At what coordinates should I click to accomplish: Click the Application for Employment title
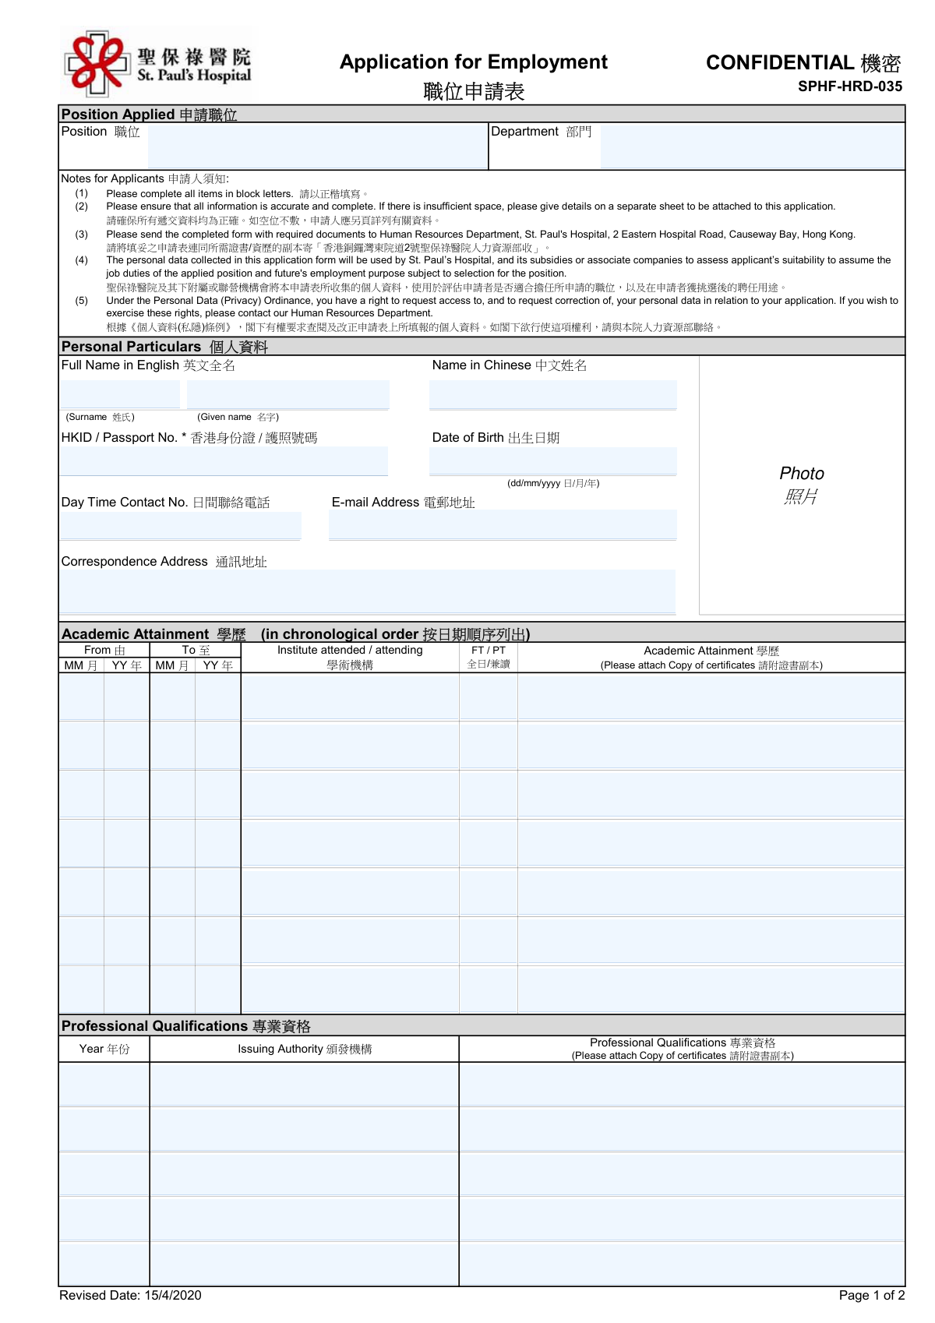[473, 62]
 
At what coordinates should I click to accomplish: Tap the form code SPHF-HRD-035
[849, 86]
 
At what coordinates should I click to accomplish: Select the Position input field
[317, 146]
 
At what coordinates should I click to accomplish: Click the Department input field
[752, 146]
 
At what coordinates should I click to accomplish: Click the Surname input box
[121, 395]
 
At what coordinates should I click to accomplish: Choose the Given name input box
[288, 395]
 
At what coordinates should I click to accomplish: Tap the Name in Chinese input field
[552, 395]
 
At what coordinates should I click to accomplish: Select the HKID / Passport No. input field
[224, 461]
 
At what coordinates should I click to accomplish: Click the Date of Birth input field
[552, 461]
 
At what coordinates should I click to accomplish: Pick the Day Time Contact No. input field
[181, 526]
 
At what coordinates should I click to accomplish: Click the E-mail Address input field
[503, 525]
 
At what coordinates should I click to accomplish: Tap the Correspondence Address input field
[368, 591]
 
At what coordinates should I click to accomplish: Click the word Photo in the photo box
[802, 474]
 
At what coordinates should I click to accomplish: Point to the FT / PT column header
[489, 651]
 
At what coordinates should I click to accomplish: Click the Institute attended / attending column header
[350, 651]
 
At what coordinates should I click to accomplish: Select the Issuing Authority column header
[305, 1050]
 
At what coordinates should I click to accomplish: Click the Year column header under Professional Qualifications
[104, 1050]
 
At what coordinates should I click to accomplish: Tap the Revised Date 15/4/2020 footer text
[130, 1295]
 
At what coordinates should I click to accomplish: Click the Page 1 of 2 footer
[871, 1295]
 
